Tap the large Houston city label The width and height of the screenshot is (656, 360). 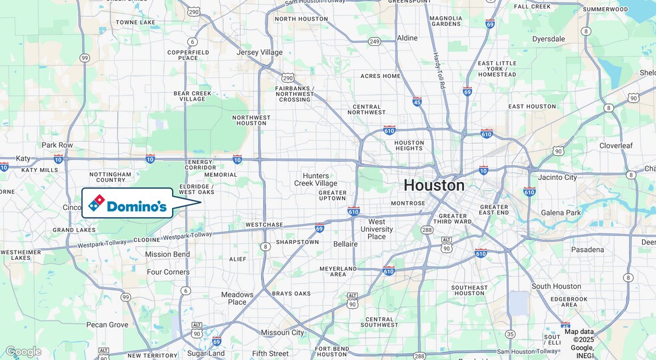coord(433,185)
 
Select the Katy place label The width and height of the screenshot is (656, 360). coord(23,159)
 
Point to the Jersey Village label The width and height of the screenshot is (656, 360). coord(259,52)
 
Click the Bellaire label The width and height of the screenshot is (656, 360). coord(345,244)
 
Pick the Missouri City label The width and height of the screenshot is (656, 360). coord(282,333)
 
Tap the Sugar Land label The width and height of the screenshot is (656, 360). coord(206,353)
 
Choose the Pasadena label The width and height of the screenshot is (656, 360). coord(587,250)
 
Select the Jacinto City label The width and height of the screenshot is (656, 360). coord(557,177)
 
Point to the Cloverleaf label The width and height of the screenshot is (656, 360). coord(619,145)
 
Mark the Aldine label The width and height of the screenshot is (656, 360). coord(407,39)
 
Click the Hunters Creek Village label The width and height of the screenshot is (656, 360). coord(316,179)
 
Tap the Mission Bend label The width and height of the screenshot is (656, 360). coord(167,254)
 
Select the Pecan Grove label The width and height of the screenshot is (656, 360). coord(107,325)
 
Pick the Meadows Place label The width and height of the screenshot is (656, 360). coord(237,298)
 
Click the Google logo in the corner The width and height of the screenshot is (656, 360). coord(23,351)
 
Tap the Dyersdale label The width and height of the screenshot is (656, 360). coord(549,39)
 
